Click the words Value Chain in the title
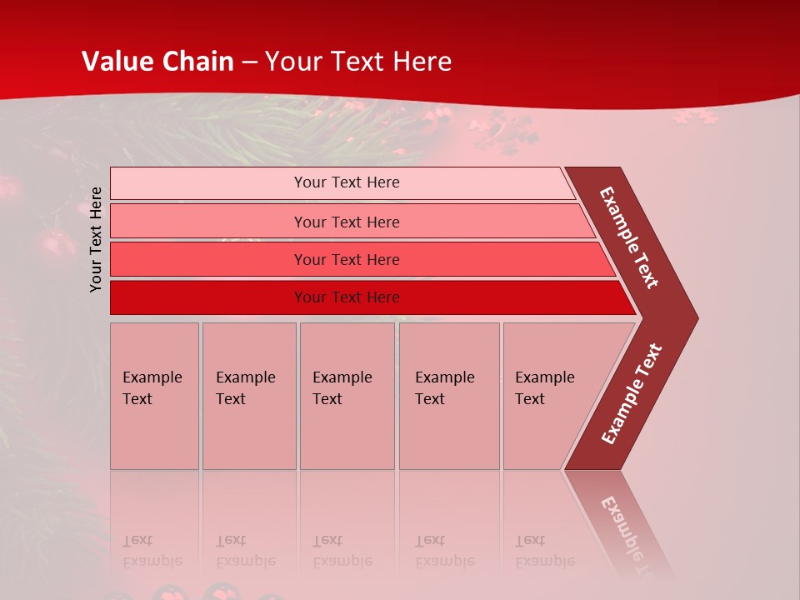point(157,62)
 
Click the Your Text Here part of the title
point(358,62)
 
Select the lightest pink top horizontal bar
point(208,183)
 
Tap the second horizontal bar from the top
point(208,222)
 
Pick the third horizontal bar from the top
point(208,259)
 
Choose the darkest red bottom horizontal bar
point(208,297)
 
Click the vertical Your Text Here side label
point(96,239)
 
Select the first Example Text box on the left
point(154,396)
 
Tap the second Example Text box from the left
point(248,396)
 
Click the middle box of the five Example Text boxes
point(347,396)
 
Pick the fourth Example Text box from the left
point(448,396)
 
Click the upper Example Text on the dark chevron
point(629,237)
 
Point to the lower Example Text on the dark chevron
point(632,394)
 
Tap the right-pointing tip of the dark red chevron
point(693,318)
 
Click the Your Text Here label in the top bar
point(347,182)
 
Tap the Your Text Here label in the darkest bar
point(347,297)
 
